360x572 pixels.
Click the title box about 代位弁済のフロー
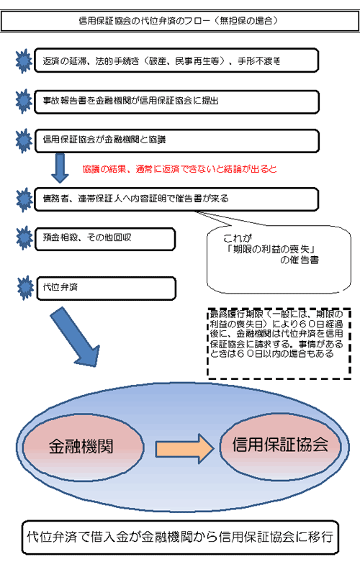180,21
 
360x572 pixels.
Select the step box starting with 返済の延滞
176,60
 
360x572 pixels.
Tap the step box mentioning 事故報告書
176,101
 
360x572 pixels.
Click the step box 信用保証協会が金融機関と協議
176,141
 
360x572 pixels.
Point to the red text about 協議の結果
179,169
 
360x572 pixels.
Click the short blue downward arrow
60,168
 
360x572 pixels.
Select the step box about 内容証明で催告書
176,199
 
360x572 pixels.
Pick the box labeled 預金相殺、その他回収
105,240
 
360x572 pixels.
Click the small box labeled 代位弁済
107,289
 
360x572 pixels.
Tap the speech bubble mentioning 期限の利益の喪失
279,259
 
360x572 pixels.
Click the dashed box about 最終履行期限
279,344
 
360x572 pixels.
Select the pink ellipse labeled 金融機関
83,447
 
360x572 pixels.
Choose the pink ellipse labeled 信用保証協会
280,447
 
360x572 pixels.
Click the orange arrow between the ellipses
185,449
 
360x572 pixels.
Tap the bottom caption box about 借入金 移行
181,537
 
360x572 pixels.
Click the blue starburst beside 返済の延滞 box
24,61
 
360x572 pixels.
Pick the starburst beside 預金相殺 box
24,238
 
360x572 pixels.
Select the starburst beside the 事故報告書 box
24,101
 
